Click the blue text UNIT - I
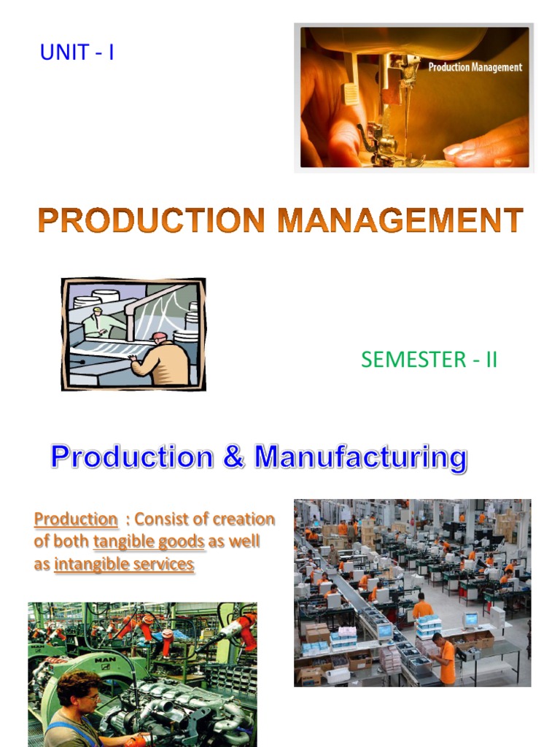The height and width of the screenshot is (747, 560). (77, 53)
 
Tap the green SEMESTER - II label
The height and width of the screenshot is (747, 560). (429, 360)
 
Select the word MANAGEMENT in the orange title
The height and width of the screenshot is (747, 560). (395, 220)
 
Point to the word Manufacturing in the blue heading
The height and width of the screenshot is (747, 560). (361, 457)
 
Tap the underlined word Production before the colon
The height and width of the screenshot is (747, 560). (76, 519)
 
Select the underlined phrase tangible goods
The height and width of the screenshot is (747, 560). (149, 542)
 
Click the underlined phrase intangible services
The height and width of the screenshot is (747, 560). (124, 565)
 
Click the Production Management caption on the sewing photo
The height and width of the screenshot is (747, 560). (475, 67)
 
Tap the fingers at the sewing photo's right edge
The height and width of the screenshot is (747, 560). (489, 146)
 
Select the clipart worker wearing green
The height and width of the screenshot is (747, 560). (98, 321)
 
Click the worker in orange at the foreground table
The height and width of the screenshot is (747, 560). (444, 657)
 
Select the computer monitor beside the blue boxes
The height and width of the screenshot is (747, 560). (470, 621)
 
